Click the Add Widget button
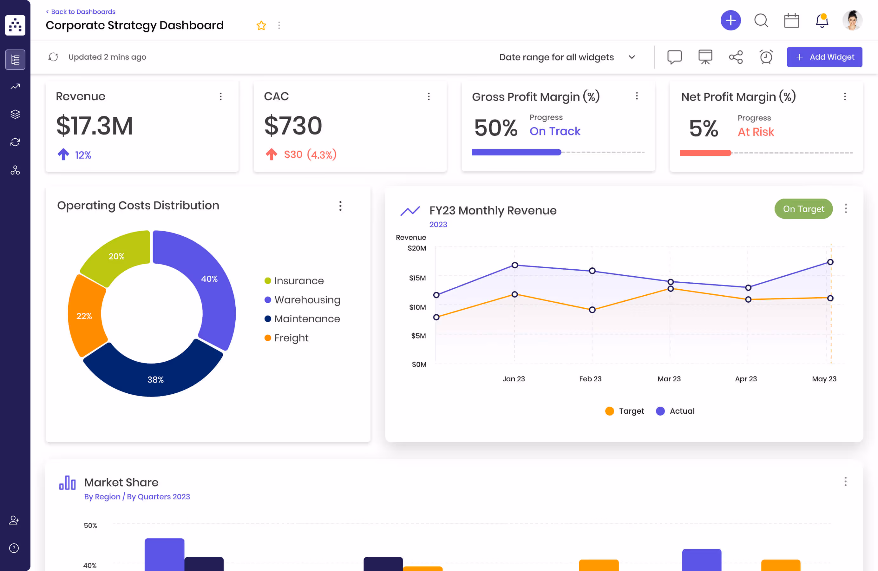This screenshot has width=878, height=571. click(x=824, y=57)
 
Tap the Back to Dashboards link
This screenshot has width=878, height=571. click(x=81, y=12)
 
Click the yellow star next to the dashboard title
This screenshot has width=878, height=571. click(x=261, y=25)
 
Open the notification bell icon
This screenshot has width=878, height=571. click(x=822, y=21)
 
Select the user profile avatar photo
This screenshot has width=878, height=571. click(x=852, y=21)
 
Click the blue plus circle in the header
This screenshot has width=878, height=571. click(x=731, y=21)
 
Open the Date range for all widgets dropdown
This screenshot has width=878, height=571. click(x=567, y=57)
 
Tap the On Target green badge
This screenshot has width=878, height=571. click(x=803, y=209)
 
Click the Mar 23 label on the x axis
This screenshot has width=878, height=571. click(x=669, y=379)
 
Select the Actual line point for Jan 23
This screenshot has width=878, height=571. click(x=514, y=265)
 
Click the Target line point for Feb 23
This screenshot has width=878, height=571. click(x=592, y=310)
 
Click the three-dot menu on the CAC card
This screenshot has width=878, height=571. click(x=429, y=97)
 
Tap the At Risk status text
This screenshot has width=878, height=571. click(x=756, y=132)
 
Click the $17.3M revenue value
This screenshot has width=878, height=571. click(x=95, y=126)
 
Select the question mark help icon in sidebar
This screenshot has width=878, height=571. click(x=14, y=548)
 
